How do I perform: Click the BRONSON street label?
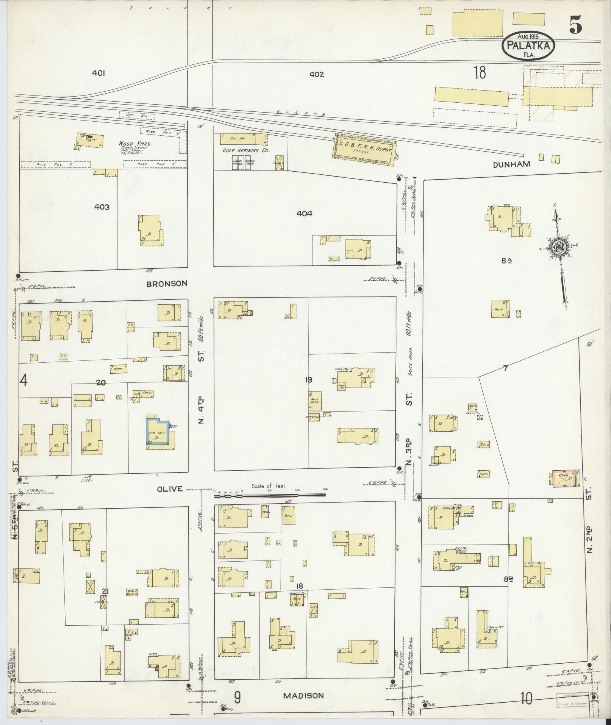pos(167,283)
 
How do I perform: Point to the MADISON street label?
pos(304,695)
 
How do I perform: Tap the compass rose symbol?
pos(558,248)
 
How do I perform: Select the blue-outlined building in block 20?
pos(157,434)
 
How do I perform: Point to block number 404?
pos(304,214)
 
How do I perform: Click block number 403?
pos(102,207)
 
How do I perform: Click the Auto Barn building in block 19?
pos(315,401)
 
